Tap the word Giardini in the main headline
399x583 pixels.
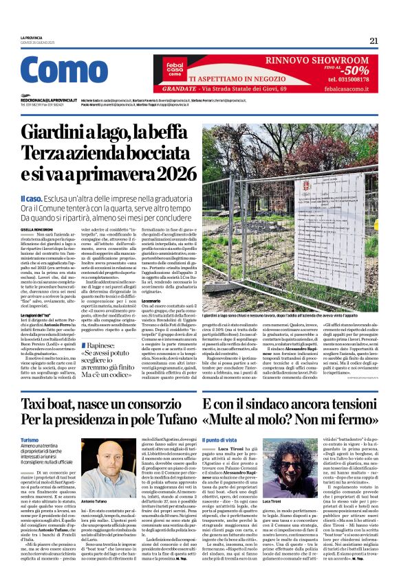coord(67,130)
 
